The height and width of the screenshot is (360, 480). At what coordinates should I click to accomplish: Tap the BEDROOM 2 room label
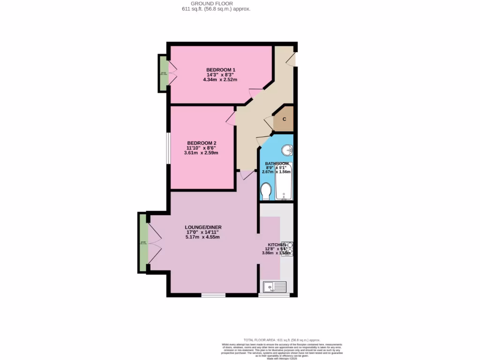(x=202, y=143)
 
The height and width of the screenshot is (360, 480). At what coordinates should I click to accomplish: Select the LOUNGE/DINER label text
(x=203, y=227)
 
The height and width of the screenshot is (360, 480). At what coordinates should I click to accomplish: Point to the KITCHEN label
(x=277, y=245)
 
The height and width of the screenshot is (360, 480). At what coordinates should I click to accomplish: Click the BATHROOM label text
(x=277, y=164)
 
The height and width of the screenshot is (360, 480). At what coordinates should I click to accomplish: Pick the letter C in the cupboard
(x=284, y=119)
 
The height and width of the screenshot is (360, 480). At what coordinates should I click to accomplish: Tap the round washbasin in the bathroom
(x=287, y=150)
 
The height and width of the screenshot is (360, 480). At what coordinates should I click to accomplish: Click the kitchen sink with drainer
(x=275, y=287)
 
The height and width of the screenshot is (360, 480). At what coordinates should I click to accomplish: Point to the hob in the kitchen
(x=287, y=248)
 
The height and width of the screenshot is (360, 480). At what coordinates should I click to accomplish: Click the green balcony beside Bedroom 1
(x=163, y=74)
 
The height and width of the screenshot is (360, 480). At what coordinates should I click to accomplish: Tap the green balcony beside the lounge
(x=143, y=242)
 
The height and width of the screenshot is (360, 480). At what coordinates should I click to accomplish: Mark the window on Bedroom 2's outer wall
(x=168, y=148)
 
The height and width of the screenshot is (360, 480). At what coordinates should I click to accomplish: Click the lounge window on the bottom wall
(x=213, y=295)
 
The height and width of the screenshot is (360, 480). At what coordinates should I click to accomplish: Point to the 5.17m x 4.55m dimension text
(x=203, y=237)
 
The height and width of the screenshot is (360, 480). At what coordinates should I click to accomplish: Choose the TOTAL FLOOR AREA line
(x=282, y=340)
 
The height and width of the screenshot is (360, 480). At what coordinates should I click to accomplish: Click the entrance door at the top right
(x=292, y=59)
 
